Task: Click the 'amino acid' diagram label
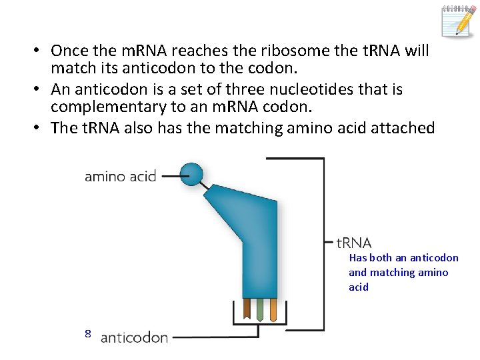click(120, 177)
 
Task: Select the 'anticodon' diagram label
click(134, 337)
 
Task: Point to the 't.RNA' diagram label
click(354, 243)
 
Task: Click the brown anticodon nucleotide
click(247, 308)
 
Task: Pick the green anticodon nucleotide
click(260, 309)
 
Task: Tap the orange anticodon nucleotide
click(273, 309)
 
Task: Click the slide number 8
click(87, 333)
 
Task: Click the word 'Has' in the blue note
click(357, 258)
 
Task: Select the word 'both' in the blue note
click(381, 258)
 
